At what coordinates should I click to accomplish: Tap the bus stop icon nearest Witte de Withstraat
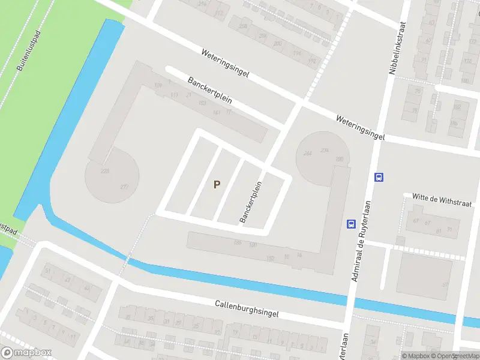[379, 177]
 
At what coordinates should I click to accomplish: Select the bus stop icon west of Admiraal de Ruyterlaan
[350, 224]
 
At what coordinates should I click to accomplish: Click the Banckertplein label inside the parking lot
[251, 202]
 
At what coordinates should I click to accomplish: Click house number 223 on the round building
[105, 172]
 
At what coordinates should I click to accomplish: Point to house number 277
[124, 187]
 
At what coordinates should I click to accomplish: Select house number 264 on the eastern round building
[308, 154]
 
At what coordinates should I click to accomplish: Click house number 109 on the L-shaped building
[158, 86]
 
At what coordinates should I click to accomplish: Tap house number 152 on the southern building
[270, 259]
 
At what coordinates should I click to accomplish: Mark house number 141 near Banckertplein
[217, 112]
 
